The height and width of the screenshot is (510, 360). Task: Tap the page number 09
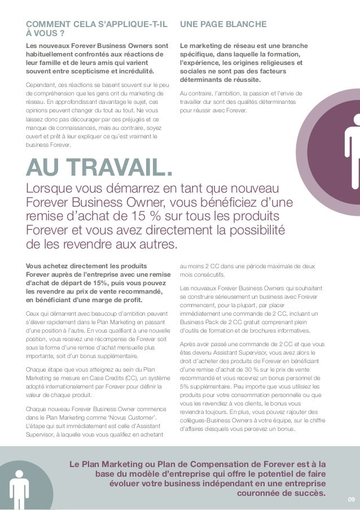click(x=351, y=498)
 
